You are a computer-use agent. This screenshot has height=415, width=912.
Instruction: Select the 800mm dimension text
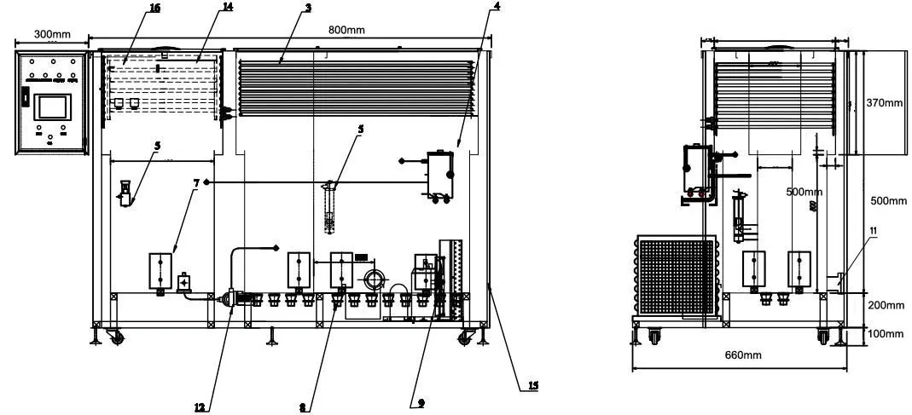coord(346,30)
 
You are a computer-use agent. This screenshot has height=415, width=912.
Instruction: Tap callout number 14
coord(203,8)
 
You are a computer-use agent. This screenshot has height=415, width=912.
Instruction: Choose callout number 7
coord(197,182)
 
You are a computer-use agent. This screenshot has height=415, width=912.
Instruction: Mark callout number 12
coord(200,406)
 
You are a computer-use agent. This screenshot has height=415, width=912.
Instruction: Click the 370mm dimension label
coord(884,103)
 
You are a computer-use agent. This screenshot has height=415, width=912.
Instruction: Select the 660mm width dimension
coord(740,354)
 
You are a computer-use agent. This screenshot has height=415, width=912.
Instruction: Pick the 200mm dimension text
coord(884,305)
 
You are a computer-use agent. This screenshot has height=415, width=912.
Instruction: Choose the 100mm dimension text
coord(884,333)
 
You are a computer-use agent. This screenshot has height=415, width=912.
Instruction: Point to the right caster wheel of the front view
coord(466,338)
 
